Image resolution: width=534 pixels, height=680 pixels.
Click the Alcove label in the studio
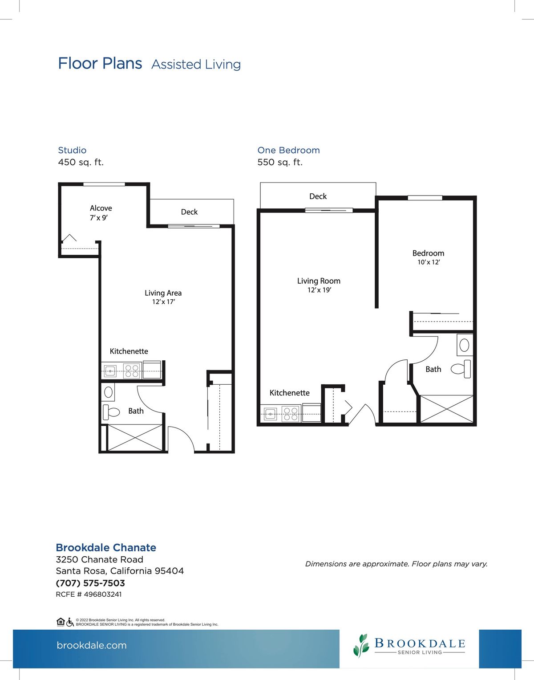[x=101, y=208]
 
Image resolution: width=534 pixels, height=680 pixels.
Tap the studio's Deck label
[x=189, y=212]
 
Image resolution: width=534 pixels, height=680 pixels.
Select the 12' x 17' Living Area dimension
[x=163, y=301]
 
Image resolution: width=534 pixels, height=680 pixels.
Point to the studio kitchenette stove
[x=131, y=370]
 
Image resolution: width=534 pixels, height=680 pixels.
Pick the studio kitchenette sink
[x=110, y=371]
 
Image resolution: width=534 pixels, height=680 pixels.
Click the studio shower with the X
[x=135, y=438]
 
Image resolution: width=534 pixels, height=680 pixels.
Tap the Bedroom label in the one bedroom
[x=428, y=253]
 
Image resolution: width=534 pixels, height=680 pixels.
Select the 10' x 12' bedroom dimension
[x=429, y=262]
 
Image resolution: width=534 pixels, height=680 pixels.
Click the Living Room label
[x=319, y=281]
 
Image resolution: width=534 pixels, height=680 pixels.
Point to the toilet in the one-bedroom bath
[x=461, y=369]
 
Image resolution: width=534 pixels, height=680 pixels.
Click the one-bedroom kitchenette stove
[x=291, y=413]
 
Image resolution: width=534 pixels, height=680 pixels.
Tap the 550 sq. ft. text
[x=280, y=162]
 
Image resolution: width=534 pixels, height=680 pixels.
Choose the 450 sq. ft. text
[x=81, y=162]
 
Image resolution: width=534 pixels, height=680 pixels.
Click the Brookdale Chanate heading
[x=106, y=548]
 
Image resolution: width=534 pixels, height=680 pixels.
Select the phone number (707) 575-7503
[x=90, y=583]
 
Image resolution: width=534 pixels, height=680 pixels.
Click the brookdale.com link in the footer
[x=92, y=645]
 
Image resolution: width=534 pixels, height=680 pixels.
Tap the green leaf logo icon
[x=362, y=645]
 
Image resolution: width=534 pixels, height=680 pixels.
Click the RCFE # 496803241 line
[x=89, y=594]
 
